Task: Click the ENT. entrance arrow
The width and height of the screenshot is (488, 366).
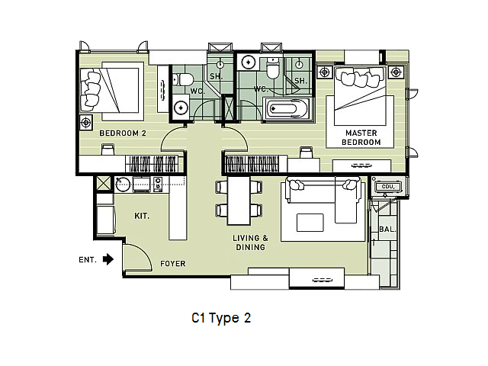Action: click(108, 259)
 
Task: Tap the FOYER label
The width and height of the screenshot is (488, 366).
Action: click(173, 264)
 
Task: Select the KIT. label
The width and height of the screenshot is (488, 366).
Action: click(142, 216)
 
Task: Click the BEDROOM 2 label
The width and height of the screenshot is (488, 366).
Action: click(123, 133)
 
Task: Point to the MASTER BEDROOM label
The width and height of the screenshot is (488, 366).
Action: click(361, 137)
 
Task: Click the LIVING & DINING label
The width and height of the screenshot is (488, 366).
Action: click(250, 242)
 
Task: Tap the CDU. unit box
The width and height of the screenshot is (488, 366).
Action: click(388, 187)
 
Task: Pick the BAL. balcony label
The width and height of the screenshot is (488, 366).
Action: click(387, 230)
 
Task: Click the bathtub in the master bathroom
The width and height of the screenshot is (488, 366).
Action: click(287, 109)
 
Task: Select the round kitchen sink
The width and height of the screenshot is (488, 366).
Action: click(123, 185)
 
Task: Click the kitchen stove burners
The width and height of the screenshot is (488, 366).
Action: click(158, 184)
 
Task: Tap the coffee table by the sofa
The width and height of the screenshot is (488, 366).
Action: click(310, 223)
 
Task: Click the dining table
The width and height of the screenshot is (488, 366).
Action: click(239, 201)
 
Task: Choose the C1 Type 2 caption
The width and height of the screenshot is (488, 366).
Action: click(221, 318)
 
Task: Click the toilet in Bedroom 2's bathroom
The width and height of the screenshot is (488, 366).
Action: click(183, 79)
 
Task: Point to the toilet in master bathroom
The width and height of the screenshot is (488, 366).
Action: click(274, 69)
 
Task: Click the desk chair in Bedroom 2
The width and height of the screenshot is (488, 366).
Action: click(108, 149)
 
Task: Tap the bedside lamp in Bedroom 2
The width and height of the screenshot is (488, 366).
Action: click(86, 123)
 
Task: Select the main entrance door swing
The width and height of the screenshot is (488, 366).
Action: click(137, 257)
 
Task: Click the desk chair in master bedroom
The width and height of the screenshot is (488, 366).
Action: click(306, 152)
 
